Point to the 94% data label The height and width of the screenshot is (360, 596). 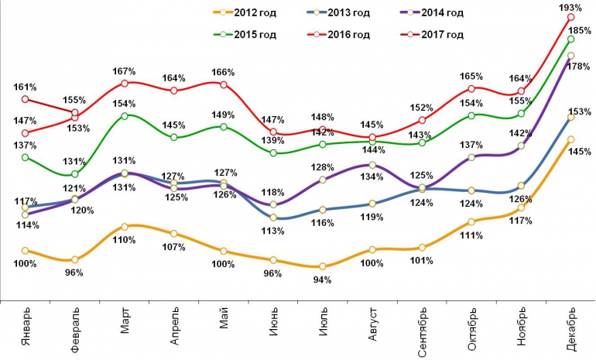tap(322, 279)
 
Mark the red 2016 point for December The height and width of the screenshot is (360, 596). tap(570, 17)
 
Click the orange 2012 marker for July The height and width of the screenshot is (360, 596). tap(322, 266)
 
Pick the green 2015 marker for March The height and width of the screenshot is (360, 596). tap(125, 116)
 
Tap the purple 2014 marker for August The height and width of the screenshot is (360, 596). tap(372, 165)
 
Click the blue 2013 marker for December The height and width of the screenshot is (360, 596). tap(570, 117)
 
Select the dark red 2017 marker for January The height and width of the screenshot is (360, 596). tap(26, 99)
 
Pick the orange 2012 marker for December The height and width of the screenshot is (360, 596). tap(570, 139)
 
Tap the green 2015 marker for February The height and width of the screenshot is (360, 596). tap(75, 174)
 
